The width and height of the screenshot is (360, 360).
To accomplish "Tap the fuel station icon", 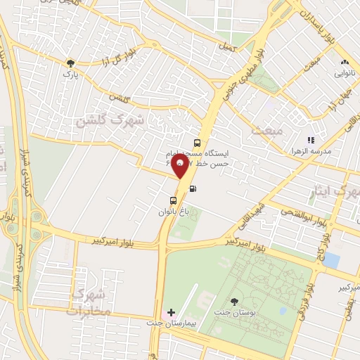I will [x=193, y=188].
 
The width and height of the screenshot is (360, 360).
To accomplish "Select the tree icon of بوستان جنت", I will [x=234, y=301].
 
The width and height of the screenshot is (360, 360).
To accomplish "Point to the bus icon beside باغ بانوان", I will [x=164, y=200].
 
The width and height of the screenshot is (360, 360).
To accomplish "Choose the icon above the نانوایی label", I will [x=344, y=63].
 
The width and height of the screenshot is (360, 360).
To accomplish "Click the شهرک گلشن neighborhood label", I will [x=109, y=121].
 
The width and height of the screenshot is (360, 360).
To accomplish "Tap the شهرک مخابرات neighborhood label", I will [x=91, y=302].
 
